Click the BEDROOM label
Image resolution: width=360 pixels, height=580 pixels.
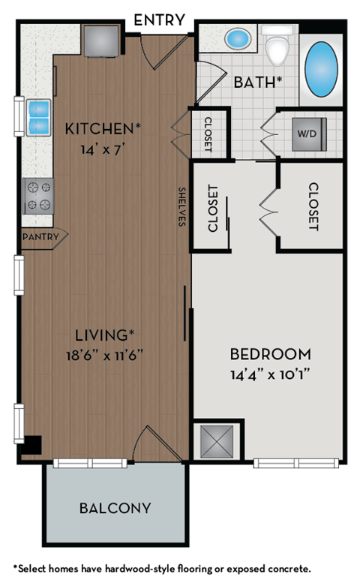[270, 353]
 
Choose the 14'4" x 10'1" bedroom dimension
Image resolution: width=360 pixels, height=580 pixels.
[270, 371]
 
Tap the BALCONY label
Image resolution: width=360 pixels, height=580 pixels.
[115, 508]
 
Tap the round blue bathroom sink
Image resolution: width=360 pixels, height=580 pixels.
[238, 37]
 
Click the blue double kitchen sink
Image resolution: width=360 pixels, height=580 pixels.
[38, 117]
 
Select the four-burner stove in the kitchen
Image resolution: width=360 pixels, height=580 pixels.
[38, 195]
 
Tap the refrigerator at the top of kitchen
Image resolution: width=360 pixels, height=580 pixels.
[100, 41]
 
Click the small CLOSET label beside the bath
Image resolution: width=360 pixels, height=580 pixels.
[208, 134]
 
